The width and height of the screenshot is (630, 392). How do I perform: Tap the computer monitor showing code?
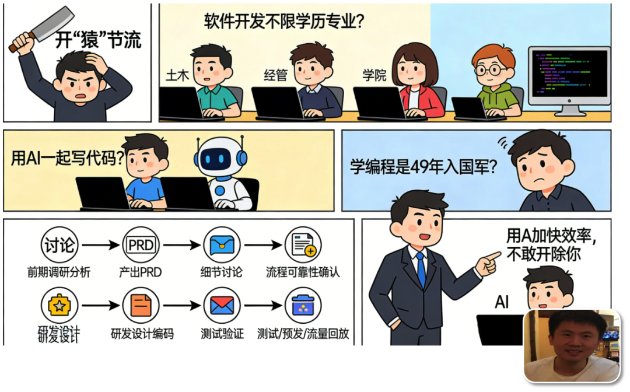(x=569, y=76)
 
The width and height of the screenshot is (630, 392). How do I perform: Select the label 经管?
(x=275, y=75)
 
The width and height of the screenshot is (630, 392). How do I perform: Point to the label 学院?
(x=374, y=75)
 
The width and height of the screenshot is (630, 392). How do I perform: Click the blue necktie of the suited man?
(x=421, y=268)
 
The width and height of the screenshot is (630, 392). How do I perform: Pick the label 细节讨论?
(x=221, y=272)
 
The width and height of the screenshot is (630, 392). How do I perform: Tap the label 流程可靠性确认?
(x=303, y=272)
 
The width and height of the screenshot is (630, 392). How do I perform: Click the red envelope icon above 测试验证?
(x=222, y=305)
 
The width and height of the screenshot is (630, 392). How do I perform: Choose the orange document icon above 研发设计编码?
(x=141, y=305)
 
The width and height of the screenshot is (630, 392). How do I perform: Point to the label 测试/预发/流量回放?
(x=303, y=334)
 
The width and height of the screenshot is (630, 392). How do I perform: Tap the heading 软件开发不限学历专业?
(x=284, y=22)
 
